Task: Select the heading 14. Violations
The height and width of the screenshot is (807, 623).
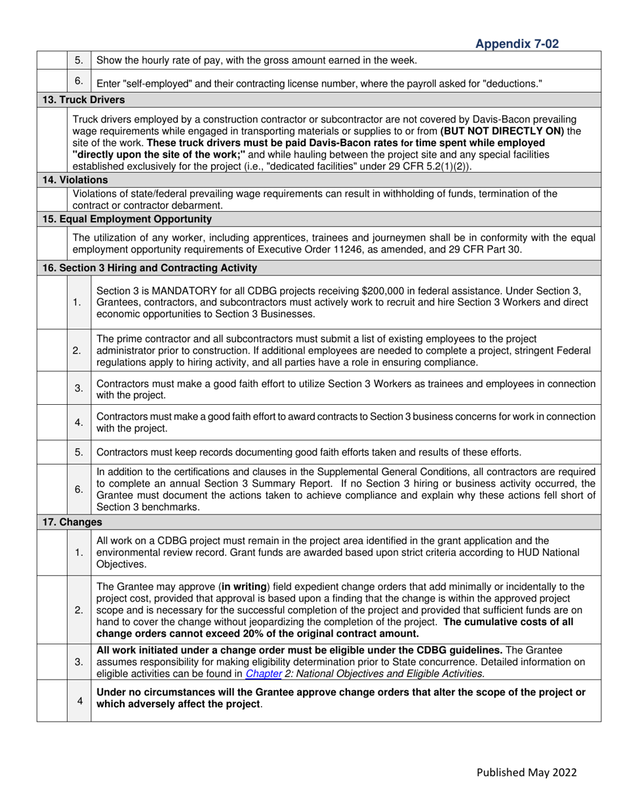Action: [x=75, y=179]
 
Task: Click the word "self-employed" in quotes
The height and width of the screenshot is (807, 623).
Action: [x=151, y=83]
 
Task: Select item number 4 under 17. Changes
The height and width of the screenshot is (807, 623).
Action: [x=79, y=701]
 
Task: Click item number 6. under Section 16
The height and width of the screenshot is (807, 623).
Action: [x=79, y=489]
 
